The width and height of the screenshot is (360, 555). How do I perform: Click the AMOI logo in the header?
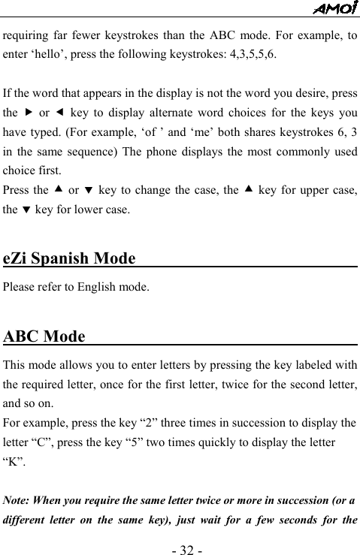click(x=334, y=8)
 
